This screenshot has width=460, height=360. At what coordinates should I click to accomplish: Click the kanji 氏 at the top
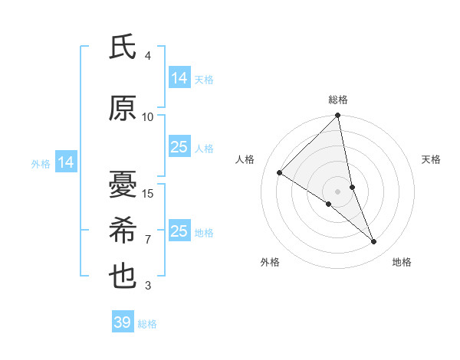coord(123,47)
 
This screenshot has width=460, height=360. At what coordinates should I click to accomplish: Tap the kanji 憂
coord(123,185)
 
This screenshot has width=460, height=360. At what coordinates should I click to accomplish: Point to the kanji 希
coord(123,231)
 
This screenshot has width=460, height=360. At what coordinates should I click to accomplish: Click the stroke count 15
coord(148,193)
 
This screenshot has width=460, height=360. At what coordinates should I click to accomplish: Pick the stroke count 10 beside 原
coord(148,116)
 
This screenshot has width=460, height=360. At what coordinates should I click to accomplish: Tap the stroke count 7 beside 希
coord(148,239)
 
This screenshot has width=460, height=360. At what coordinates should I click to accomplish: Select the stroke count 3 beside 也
coord(148,286)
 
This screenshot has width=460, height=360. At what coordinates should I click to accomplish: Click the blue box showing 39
coord(122,322)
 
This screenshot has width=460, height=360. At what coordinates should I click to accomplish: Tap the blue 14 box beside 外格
coord(66,162)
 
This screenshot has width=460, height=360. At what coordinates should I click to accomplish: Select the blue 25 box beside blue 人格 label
coord(179,147)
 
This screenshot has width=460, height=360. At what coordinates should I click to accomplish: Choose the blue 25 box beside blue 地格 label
coord(179,231)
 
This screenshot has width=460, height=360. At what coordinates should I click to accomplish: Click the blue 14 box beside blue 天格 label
coord(179,78)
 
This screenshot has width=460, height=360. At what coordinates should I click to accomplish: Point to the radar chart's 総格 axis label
coord(338,100)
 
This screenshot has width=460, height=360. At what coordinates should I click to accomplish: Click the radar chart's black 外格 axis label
coord(270,262)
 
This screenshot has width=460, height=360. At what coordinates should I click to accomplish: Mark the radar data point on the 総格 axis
coord(337,116)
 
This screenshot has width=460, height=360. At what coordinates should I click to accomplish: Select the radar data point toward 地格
coord(374,241)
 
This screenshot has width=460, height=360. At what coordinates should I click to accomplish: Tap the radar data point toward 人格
coord(280,172)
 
